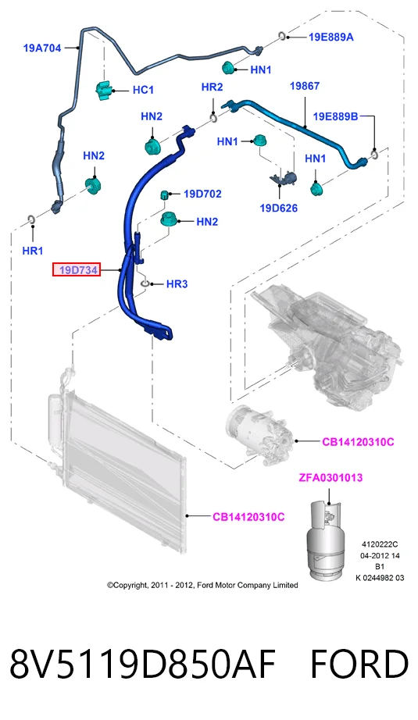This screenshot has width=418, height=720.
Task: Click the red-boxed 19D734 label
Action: tap(77, 270)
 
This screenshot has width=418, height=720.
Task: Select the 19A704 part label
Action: tap(42, 48)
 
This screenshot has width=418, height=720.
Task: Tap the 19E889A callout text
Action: tap(331, 37)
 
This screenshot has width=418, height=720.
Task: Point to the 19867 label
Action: tap(305, 86)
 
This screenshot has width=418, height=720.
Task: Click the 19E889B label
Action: tap(335, 116)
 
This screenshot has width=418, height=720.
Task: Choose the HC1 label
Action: tap(143, 90)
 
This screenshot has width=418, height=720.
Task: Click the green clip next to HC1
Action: tap(104, 90)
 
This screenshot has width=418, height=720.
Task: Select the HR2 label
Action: tap(213, 87)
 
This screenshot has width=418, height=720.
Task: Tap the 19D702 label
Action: tap(202, 194)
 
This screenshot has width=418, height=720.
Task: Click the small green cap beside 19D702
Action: tap(164, 194)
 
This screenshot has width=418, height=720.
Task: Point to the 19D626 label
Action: tap(279, 208)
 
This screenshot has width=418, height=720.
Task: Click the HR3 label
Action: tap(177, 284)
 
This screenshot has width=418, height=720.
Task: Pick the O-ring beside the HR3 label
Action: tap(145, 283)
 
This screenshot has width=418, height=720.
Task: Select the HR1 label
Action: tap(33, 251)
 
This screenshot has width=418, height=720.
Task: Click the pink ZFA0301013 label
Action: tap(330, 478)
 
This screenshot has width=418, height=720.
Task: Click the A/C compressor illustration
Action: tap(259, 434)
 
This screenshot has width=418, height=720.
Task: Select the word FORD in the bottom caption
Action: tap(359, 664)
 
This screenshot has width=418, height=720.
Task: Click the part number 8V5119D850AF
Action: tap(142, 664)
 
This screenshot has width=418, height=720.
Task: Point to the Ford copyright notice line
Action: tap(202, 585)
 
